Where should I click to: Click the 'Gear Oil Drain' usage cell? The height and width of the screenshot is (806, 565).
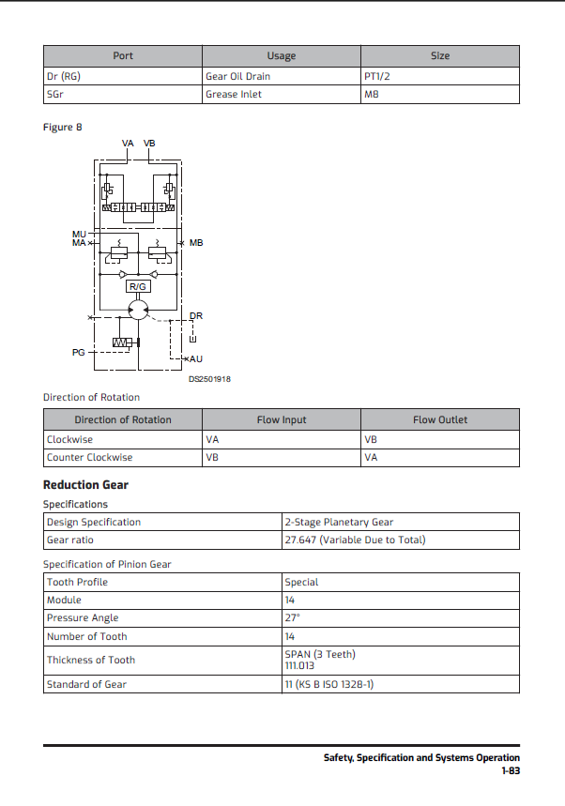click(237, 76)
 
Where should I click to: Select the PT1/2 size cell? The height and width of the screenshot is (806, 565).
click(378, 76)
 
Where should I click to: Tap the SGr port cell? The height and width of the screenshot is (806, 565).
click(54, 94)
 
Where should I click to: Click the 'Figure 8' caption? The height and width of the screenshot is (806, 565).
click(63, 127)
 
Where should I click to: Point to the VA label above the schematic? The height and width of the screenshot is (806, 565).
click(129, 144)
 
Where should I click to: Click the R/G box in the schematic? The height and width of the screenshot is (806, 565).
click(138, 286)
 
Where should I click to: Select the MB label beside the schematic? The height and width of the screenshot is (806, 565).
click(195, 243)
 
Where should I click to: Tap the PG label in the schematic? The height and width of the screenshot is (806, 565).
click(79, 352)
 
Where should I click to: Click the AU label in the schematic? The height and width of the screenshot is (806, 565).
click(196, 358)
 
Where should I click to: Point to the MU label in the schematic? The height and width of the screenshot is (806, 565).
click(79, 233)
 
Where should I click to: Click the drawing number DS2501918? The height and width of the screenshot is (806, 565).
click(209, 379)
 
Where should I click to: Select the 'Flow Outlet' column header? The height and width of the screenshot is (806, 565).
click(440, 419)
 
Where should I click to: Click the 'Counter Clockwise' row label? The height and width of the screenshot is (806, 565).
click(90, 457)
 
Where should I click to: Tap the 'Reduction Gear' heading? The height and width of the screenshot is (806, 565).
click(85, 485)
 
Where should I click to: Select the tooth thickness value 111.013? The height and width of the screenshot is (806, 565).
click(299, 666)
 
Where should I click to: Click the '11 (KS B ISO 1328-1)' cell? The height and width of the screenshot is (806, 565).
click(329, 684)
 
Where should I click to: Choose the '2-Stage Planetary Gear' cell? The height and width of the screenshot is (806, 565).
click(339, 522)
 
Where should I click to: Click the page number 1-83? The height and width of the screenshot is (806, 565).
click(510, 770)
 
